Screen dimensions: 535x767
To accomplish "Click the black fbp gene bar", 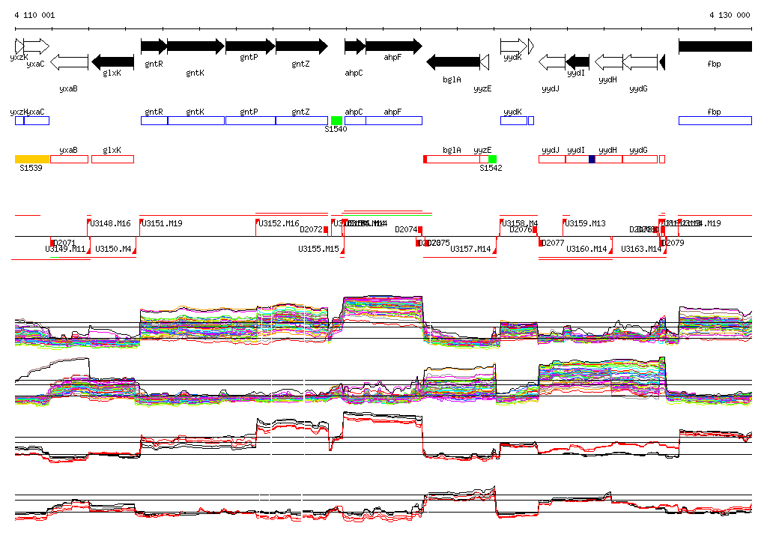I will coord(715,46).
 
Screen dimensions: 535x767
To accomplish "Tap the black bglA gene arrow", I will coord(452,61).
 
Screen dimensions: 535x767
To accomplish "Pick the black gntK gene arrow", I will coord(195,46).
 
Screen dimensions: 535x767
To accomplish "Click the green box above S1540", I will coord(336,121).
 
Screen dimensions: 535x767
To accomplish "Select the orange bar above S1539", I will coord(32,159).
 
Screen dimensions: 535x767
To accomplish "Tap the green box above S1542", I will coord(492,159).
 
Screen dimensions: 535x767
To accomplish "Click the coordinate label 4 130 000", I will coord(729,15).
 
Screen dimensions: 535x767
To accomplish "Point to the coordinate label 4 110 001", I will coord(34,15).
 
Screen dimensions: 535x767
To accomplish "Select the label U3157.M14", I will coord(470,249).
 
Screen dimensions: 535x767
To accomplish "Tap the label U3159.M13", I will coord(585,223).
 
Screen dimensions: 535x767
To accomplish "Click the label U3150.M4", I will coord(113,249).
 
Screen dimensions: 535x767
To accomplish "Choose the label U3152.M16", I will coord(279,223).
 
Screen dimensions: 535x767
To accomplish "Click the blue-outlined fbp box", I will coord(715,121).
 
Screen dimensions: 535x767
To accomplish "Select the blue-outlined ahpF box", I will coord(394,121).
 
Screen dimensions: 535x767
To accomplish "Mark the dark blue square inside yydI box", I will coord(592,159).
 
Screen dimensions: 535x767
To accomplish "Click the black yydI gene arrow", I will coord(577,61).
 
